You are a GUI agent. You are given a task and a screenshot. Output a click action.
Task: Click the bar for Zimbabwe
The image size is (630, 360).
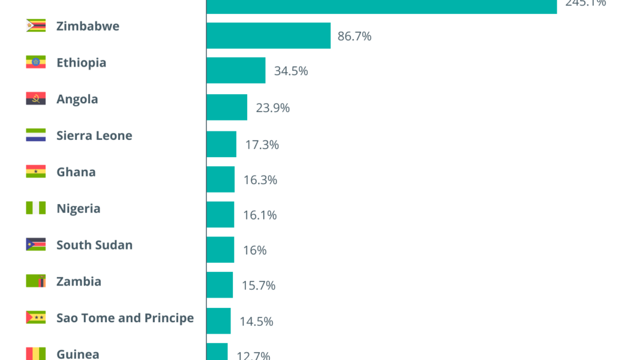click(268, 35)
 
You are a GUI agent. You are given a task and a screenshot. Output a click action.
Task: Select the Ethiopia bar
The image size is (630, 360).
click(236, 70)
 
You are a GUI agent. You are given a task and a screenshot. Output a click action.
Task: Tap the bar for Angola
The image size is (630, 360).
click(227, 107)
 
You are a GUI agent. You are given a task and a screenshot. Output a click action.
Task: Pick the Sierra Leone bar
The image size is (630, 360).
click(221, 144)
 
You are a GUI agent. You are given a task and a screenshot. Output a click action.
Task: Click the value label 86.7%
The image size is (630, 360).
click(355, 36)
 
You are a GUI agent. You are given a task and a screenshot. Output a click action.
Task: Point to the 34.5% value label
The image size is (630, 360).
click(291, 71)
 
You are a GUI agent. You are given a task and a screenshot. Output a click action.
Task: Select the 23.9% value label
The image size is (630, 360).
click(273, 108)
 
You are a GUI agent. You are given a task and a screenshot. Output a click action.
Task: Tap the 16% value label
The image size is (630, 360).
click(255, 250)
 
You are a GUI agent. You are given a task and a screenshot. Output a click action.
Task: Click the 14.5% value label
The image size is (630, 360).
click(256, 322)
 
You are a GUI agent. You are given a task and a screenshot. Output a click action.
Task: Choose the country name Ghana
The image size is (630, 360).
click(76, 172)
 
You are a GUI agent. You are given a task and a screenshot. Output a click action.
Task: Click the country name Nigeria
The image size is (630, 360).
click(79, 209)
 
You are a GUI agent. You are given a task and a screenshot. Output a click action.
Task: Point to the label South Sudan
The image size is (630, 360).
click(94, 245)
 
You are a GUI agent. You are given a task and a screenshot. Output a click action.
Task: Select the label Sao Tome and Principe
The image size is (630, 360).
click(125, 318)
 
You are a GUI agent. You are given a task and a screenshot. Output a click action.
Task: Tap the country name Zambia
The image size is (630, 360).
click(79, 281)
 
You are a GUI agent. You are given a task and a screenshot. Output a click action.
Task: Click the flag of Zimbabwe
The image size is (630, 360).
click(36, 26)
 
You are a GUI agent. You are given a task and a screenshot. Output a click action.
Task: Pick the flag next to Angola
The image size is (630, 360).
click(36, 99)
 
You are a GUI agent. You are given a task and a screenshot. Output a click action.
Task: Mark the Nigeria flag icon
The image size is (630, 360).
click(36, 208)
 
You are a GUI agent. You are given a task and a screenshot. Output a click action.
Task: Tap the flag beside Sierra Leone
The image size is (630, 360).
click(36, 136)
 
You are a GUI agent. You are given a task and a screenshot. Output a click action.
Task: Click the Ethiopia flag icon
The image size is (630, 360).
click(36, 62)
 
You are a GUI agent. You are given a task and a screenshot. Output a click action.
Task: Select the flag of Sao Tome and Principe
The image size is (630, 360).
click(36, 317)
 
